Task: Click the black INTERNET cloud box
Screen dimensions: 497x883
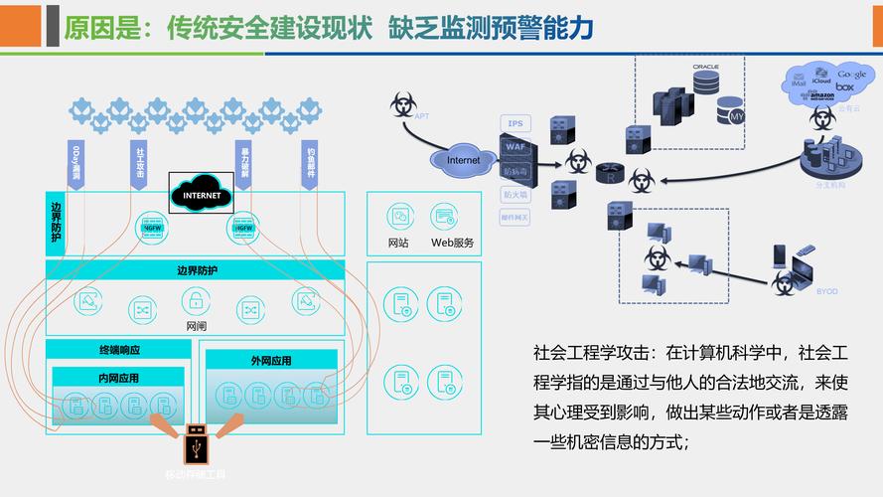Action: coord(202,195)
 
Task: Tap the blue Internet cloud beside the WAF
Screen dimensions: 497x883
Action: coord(463,159)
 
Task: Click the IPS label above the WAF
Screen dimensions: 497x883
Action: coord(515,123)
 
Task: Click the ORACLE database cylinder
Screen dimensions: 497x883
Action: coord(705,83)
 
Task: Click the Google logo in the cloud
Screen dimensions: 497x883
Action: coord(851,75)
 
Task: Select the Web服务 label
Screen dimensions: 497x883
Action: coord(452,243)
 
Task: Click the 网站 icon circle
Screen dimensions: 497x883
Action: coord(397,216)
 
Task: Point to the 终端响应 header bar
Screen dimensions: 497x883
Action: coord(118,350)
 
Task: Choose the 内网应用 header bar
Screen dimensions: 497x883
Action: coord(118,378)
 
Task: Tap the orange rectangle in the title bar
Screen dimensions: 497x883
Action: coord(20,26)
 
